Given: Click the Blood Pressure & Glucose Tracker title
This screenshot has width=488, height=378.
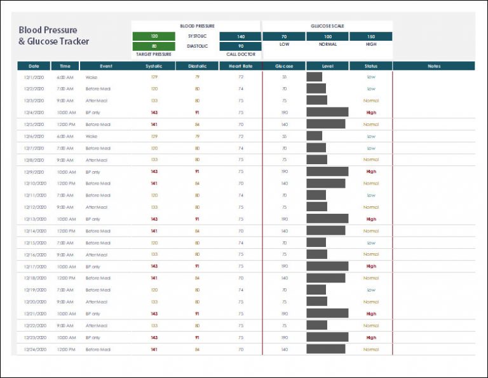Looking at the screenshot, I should [53, 36].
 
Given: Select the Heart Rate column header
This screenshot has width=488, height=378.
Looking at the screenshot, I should [240, 66].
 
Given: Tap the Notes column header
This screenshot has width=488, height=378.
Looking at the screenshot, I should [434, 66].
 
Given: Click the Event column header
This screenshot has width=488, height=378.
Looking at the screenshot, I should [105, 66].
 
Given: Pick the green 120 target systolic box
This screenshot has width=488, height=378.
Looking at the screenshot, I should [154, 36].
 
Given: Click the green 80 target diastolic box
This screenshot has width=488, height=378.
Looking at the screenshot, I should [154, 46].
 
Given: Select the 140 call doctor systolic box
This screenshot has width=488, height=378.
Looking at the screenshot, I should [240, 36].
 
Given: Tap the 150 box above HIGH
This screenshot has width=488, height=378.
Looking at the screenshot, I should [370, 36].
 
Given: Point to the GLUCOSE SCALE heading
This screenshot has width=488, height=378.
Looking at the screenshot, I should [327, 26].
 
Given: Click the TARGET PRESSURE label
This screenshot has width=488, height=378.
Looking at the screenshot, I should [154, 54].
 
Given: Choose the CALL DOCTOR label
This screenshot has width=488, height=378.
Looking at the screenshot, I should [240, 54].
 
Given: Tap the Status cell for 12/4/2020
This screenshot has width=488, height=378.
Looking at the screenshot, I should [371, 113].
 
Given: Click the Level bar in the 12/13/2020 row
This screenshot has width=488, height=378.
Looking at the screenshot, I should [327, 219].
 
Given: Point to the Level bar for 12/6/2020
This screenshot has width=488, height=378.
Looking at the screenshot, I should [315, 136].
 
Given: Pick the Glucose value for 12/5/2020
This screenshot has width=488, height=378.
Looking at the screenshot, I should [284, 124].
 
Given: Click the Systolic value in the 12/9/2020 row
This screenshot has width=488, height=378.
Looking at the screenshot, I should [154, 172].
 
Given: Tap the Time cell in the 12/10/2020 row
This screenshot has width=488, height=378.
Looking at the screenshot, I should [65, 183].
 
